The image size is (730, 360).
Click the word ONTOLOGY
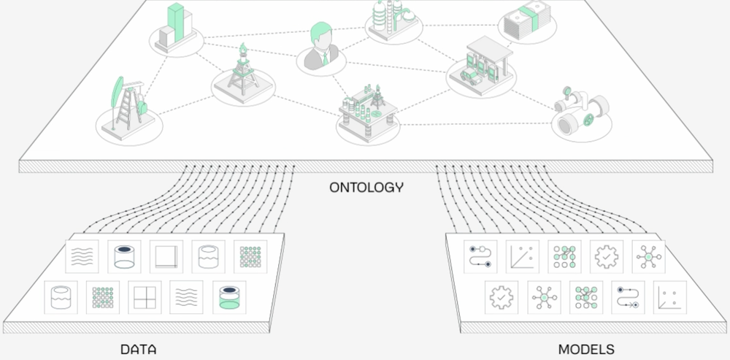(x=366, y=187)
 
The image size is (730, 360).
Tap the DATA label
(x=138, y=349)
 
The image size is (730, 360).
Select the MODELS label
(x=585, y=349)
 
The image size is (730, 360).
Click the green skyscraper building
(x=174, y=26)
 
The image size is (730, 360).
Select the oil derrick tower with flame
(x=242, y=72)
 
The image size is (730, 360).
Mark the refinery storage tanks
(x=391, y=20)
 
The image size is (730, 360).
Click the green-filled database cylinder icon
(x=229, y=298)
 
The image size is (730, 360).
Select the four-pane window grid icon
(x=144, y=298)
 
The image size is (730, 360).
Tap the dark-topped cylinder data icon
(x=124, y=256)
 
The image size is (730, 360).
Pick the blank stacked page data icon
(x=166, y=256)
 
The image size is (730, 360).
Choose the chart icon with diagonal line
(x=523, y=256)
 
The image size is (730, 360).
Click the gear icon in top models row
(x=607, y=256)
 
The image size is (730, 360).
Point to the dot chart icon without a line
(x=669, y=298)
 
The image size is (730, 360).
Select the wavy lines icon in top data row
(x=82, y=256)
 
